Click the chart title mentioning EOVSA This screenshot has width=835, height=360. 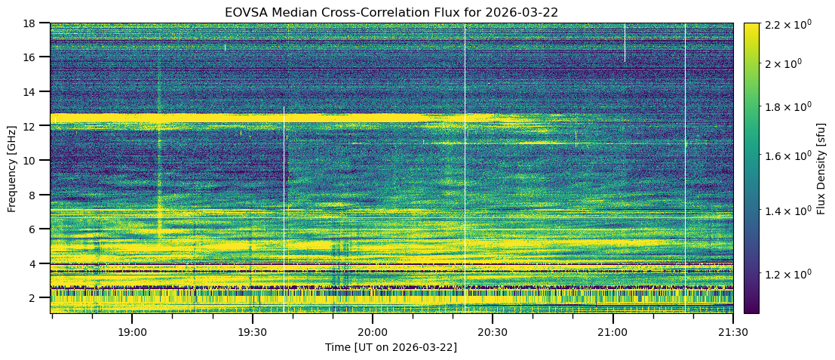tap(391, 12)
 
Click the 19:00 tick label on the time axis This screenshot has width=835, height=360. tap(132, 331)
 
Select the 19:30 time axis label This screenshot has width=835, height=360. tap(252, 331)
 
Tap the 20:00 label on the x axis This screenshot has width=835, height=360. tap(372, 331)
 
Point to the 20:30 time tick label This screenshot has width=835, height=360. tap(492, 331)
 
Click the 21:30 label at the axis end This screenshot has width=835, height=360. tap(732, 331)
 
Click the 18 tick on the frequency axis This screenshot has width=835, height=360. tap(35, 23)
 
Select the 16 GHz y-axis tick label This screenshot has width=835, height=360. tap(35, 57)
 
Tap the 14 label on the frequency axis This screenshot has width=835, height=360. tap(35, 91)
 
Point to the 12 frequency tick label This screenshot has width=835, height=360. tap(35, 126)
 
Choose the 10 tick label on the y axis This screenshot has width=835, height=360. tap(35, 161)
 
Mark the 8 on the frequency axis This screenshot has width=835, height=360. tap(38, 195)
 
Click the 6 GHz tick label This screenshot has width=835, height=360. tap(38, 229)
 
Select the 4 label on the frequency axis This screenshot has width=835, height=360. tap(38, 264)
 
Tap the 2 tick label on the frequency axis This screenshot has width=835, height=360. tap(38, 298)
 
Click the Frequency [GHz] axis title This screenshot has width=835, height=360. tap(12, 168)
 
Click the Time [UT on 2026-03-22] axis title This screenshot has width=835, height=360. tap(391, 347)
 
